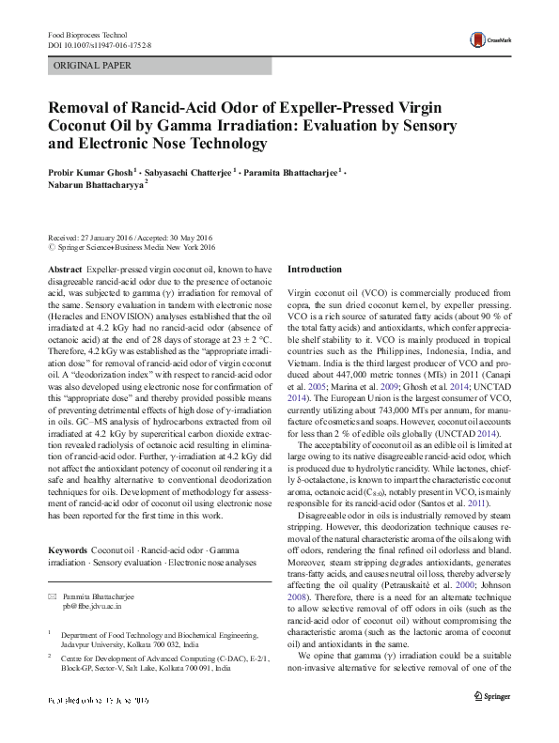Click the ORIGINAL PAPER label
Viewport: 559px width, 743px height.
pos(92,66)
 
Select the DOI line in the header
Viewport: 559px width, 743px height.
pos(99,44)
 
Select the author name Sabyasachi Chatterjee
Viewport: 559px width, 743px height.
pos(190,173)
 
